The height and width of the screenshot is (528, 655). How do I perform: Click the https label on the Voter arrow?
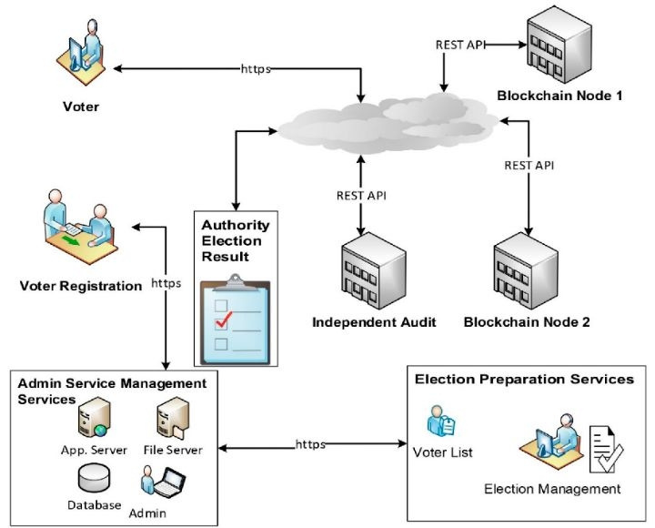[256, 68]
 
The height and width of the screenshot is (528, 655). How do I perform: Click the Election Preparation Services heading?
[524, 380]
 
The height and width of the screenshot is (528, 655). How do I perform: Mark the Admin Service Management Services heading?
[111, 391]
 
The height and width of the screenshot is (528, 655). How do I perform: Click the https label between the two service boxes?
[311, 444]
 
